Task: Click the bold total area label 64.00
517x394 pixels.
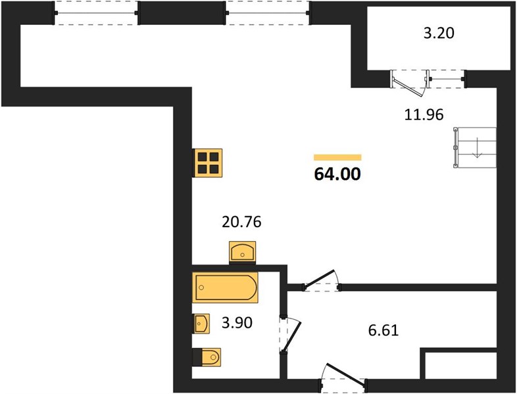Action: point(337,174)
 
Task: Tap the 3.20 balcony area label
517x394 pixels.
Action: point(439,33)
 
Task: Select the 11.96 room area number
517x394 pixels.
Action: point(424,114)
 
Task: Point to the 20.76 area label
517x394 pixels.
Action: point(241,222)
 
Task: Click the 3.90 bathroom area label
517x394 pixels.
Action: point(237,322)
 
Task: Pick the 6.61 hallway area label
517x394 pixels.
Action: point(383,330)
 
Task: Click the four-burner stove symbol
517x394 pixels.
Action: point(208,163)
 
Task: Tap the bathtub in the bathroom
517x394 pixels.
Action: point(225,288)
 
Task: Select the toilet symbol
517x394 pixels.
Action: point(207,357)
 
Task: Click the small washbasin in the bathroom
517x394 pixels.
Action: point(201,324)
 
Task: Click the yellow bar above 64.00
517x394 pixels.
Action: point(337,158)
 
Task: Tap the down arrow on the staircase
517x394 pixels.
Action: point(477,148)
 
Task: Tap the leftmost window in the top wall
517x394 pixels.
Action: point(96,13)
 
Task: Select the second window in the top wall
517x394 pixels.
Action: point(268,13)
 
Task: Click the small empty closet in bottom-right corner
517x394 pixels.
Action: point(460,365)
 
